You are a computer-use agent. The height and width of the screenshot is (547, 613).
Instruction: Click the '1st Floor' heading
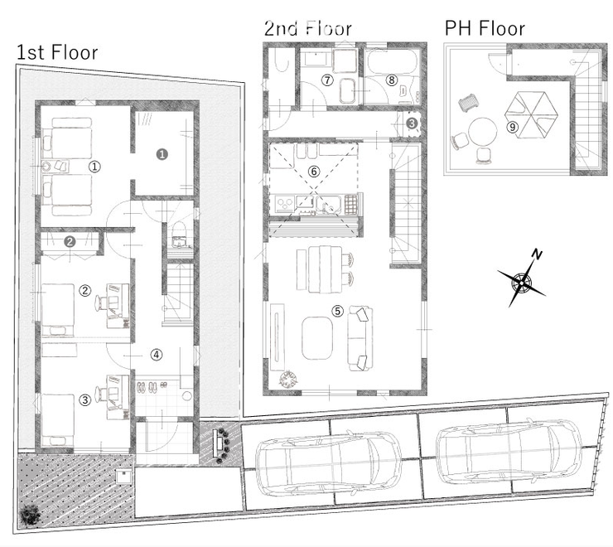pos(57,52)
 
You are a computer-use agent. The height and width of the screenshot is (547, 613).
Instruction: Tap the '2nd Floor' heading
pos(308,28)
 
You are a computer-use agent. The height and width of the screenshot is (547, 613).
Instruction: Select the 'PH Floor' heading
pos(485,28)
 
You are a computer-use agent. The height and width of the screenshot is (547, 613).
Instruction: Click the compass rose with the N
pos(523,280)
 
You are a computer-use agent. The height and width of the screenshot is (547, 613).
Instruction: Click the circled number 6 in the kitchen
pos(313,171)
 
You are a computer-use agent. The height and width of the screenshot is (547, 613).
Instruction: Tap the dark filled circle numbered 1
pos(162,154)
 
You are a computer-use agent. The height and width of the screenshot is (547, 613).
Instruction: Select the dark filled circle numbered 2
pos(70,241)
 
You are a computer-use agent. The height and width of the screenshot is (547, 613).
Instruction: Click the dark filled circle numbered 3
pos(412,123)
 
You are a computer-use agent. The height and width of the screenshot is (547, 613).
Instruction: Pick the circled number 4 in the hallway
pos(157,355)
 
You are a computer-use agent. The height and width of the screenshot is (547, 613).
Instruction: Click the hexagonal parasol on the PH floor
pos(531,115)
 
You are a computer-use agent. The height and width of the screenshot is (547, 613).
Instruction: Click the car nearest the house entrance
pos(328,462)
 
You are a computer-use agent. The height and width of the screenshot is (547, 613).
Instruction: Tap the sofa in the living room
pos(360,338)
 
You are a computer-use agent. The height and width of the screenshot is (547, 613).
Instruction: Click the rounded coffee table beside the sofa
pos(317,338)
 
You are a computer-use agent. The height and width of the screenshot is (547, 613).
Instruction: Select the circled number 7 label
pos(327,80)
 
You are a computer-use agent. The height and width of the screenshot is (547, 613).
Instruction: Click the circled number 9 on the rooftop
pos(512,127)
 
